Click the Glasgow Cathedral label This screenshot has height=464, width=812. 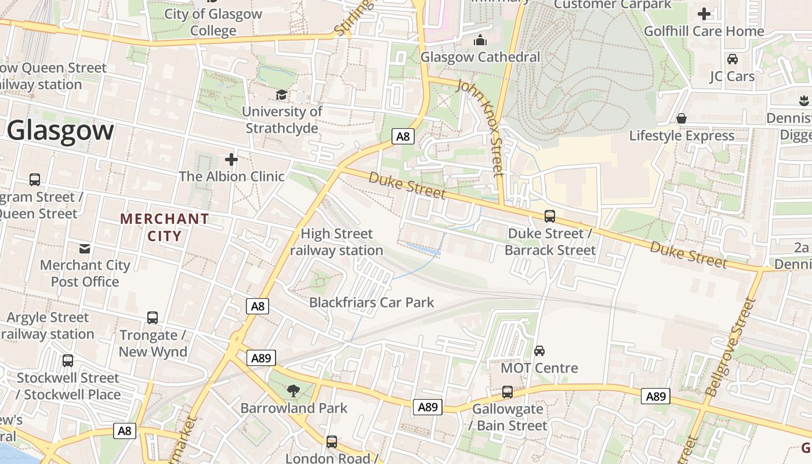coord(480,57)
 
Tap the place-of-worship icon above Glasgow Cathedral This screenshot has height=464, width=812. coord(480,40)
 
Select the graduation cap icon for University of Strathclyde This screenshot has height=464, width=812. coord(281,95)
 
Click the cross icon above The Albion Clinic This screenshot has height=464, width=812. coord(231,159)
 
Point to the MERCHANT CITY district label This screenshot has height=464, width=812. coord(164,227)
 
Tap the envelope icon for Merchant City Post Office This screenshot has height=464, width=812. coord(85,249)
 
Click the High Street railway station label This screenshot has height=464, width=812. coord(336,242)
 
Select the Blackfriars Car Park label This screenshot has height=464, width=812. coord(371,302)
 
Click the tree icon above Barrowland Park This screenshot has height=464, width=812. coord(293,391)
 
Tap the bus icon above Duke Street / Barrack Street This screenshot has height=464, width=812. coord(549,216)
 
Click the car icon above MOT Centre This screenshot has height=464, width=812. coord(539,351)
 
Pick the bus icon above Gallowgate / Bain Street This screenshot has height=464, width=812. coord(507,392)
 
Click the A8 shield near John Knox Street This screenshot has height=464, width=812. coord(403,136)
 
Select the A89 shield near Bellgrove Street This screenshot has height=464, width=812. coord(655,396)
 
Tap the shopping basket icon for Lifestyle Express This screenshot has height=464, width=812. coord(681,118)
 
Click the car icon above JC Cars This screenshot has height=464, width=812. coord(732,59)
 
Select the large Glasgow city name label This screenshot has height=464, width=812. coord(60,130)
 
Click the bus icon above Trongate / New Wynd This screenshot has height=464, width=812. coord(153,318)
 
